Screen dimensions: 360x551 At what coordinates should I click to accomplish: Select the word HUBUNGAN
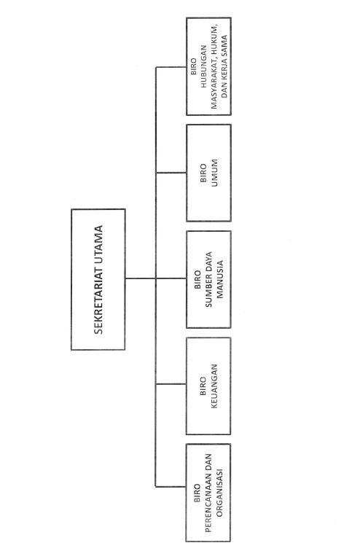tap(204, 66)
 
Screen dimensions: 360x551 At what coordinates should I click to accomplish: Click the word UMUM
tap(214, 173)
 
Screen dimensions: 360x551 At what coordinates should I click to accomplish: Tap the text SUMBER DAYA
tap(209, 279)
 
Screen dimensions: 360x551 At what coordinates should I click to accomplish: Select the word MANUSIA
tap(219, 279)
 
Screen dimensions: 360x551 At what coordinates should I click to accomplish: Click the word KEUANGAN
tap(214, 386)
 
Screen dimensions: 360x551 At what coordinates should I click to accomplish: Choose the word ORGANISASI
tap(219, 493)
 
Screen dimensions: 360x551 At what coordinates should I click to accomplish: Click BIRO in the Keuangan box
tap(203, 386)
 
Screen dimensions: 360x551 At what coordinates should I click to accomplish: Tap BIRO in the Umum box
tap(203, 173)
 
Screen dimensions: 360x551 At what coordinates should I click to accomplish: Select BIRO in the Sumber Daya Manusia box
tap(197, 279)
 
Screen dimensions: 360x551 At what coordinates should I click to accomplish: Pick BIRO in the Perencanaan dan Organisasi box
tap(197, 493)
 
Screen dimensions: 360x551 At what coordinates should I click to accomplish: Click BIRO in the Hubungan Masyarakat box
tap(194, 66)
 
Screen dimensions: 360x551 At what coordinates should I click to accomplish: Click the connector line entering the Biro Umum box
tap(171, 173)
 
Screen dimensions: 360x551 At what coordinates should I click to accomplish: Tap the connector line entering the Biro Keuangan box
tap(171, 384)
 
